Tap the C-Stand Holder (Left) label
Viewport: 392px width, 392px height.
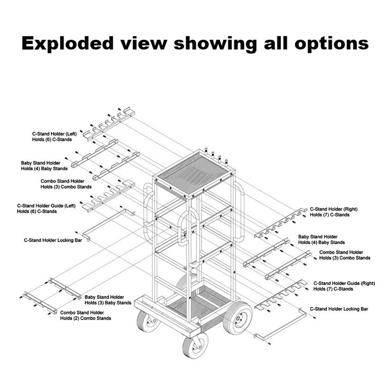[x=54, y=134]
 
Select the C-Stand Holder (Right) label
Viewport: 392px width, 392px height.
[x=334, y=209]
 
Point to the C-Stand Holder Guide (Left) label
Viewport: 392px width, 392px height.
[x=46, y=206]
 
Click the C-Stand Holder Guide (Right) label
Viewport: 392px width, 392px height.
[x=344, y=283]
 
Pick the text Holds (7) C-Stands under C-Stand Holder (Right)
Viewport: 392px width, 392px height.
[x=330, y=215]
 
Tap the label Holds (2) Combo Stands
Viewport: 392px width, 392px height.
[x=86, y=318]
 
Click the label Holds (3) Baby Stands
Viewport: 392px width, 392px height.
[x=108, y=303]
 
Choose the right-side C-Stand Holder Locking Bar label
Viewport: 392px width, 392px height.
[x=339, y=309]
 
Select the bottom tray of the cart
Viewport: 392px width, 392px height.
[x=199, y=304]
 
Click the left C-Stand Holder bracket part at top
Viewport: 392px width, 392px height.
[x=109, y=124]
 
